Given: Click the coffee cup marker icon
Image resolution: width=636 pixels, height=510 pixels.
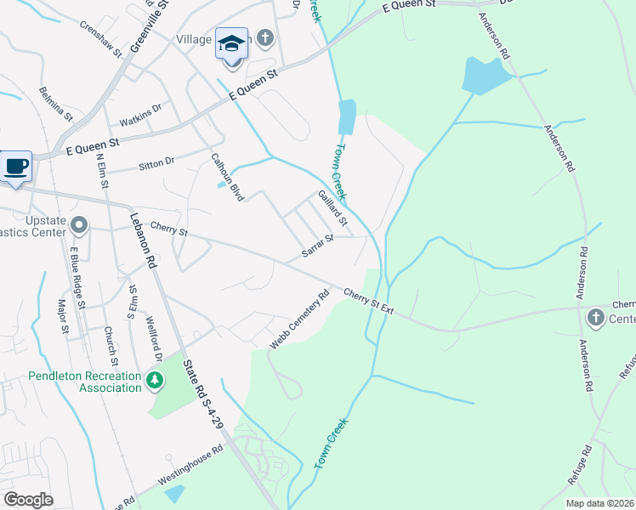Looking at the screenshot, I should tap(16, 165).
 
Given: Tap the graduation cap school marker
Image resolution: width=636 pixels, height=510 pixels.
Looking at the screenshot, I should tap(231, 43).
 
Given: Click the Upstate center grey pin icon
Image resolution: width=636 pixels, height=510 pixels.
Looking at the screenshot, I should tap(80, 226).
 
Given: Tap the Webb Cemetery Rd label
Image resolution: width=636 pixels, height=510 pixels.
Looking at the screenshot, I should tap(299, 321).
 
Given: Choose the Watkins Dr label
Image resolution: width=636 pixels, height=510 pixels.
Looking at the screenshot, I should tap(140, 114).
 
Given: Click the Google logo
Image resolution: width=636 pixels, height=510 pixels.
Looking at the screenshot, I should tap(29, 500).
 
